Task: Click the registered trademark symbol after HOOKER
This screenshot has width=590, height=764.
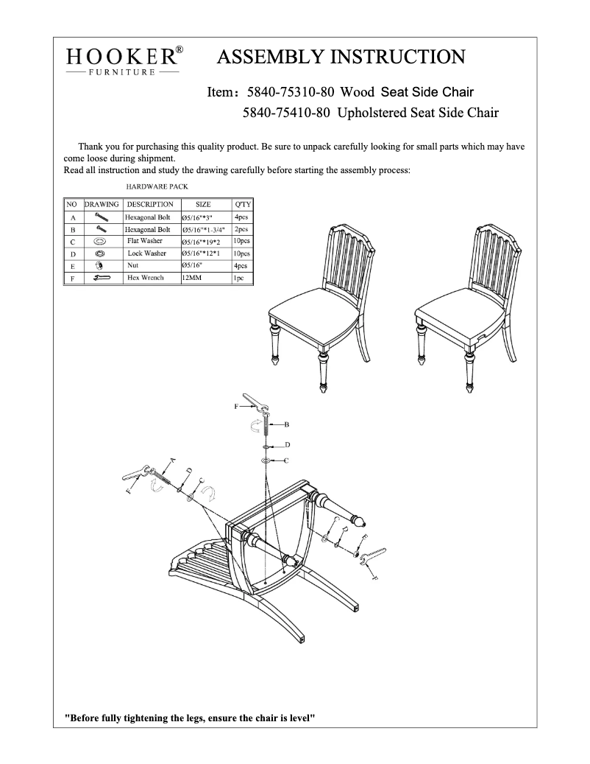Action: (179, 51)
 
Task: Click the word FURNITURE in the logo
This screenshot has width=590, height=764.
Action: (122, 72)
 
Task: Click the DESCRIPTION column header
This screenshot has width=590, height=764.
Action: (150, 204)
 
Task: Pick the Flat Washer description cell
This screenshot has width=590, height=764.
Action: (144, 241)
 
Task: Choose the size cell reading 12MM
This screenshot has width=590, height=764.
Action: (192, 278)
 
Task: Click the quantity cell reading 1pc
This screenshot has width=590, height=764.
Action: (240, 278)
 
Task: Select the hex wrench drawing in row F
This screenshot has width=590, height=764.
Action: (101, 278)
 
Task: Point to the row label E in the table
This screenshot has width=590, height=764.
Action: (73, 266)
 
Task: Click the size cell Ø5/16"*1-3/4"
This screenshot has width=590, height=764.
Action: (203, 230)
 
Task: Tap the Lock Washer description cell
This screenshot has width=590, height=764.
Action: (146, 253)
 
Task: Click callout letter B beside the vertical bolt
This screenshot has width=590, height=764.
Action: (286, 425)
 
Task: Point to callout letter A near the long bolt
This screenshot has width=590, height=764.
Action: (172, 460)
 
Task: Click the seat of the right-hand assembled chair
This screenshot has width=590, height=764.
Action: (460, 309)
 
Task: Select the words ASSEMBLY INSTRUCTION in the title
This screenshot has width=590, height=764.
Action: (341, 57)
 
